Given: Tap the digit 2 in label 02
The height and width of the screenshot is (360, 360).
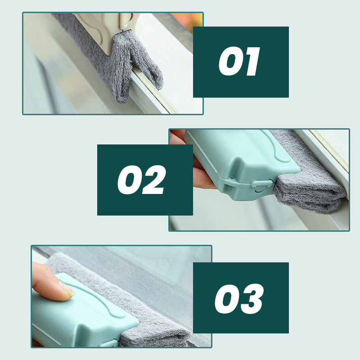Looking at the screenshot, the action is (x=153, y=180).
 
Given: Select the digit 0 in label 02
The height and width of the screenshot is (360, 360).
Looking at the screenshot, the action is (x=129, y=180).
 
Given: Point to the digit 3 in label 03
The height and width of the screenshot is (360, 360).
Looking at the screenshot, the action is (x=252, y=299).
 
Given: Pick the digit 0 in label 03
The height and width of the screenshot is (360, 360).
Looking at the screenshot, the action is (x=227, y=299).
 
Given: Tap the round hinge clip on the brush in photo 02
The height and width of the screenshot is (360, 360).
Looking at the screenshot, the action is (x=262, y=186).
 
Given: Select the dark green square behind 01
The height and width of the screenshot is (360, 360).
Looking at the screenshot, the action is (x=241, y=62).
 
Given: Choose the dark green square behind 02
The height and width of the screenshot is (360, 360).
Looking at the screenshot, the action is (x=145, y=180).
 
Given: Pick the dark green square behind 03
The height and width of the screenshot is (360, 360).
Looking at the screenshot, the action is (x=241, y=298).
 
